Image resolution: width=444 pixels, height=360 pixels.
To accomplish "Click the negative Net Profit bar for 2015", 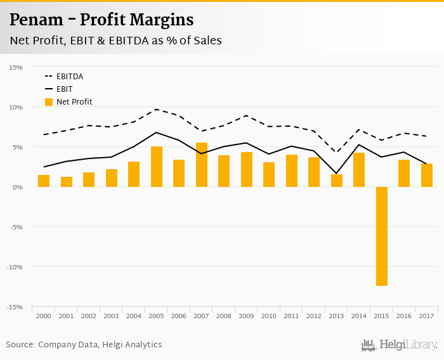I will [x=382, y=236].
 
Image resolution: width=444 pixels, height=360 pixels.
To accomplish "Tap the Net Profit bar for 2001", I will [x=67, y=182].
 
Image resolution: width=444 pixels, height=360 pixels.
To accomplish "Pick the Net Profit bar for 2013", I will [x=337, y=181].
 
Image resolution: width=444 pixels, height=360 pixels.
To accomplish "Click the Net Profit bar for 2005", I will [x=157, y=167].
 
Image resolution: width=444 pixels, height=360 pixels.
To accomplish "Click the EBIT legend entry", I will [x=64, y=89].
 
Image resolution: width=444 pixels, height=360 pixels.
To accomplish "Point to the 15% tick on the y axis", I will [x=16, y=67].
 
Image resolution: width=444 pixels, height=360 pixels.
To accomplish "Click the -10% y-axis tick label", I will [x=15, y=267].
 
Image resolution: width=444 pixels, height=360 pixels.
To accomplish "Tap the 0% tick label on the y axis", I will [x=17, y=187].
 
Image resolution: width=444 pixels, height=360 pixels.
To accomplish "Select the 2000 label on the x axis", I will [x=44, y=316].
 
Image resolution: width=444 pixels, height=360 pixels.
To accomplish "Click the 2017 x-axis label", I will [x=427, y=316].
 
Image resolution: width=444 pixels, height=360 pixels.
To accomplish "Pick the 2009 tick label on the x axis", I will [x=247, y=316].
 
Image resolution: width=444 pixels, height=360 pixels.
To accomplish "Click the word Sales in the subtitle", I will [x=207, y=41].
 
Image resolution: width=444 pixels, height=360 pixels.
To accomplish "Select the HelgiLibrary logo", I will [x=400, y=345].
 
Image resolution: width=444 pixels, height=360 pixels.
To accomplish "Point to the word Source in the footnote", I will [x=20, y=345].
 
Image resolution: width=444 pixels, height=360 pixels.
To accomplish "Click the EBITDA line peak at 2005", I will [x=157, y=109].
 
